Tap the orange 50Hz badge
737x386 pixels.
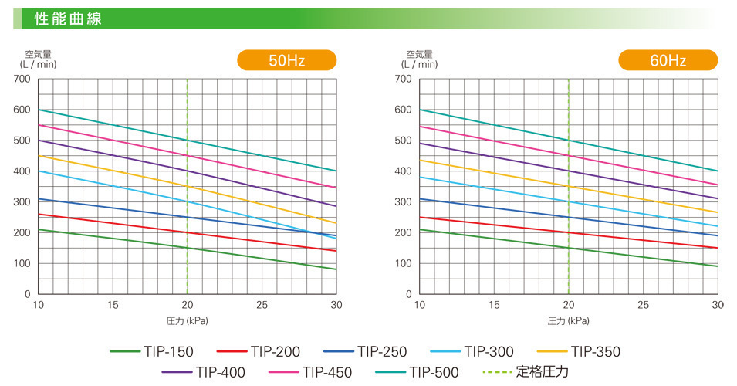286,60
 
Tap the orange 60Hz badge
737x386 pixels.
668,60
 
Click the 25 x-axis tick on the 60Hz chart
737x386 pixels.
643,305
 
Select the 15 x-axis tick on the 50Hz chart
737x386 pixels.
113,305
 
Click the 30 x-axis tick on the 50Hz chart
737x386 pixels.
335,305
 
